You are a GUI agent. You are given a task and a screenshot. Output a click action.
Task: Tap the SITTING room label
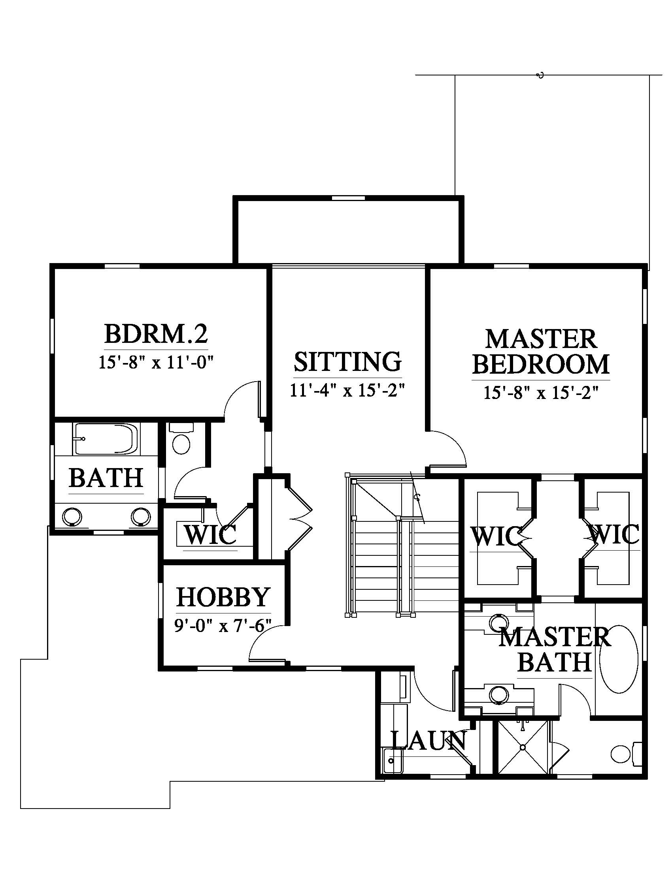[347, 361]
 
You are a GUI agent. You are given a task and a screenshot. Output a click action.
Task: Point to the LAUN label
[429, 740]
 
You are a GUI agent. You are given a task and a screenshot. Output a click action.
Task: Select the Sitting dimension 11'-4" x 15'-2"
[347, 390]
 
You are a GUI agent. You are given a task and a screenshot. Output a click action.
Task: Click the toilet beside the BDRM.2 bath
[181, 442]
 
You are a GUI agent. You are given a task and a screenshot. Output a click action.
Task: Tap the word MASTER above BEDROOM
[541, 339]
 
